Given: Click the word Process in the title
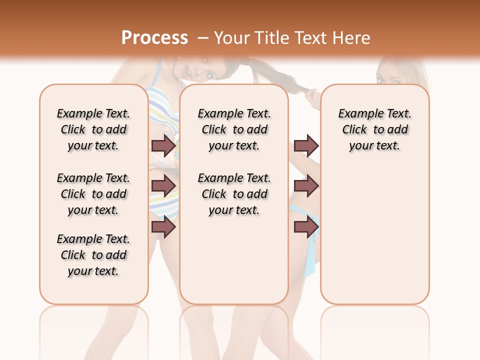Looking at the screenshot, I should pos(154,37).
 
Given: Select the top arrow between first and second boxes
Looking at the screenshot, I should pos(163,146).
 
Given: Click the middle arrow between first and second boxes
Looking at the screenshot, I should pos(163,186).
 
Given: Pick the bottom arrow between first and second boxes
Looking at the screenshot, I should pos(163,227).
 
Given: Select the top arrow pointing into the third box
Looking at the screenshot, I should pos(306,146).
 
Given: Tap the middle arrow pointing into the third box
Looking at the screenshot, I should pos(306,186).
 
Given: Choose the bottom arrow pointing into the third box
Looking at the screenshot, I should pos(306,227).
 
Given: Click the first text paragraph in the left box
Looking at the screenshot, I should pos(93,129).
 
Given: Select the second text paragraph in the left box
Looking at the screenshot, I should pos(93,194).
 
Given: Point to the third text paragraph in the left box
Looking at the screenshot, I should pos(93,255).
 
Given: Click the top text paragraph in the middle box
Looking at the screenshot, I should pos(234,129).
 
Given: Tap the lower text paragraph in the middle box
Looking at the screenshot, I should pos(234,194).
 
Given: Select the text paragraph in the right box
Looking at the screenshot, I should pos(374,129).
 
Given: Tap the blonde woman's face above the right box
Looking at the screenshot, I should pos(389,75).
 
